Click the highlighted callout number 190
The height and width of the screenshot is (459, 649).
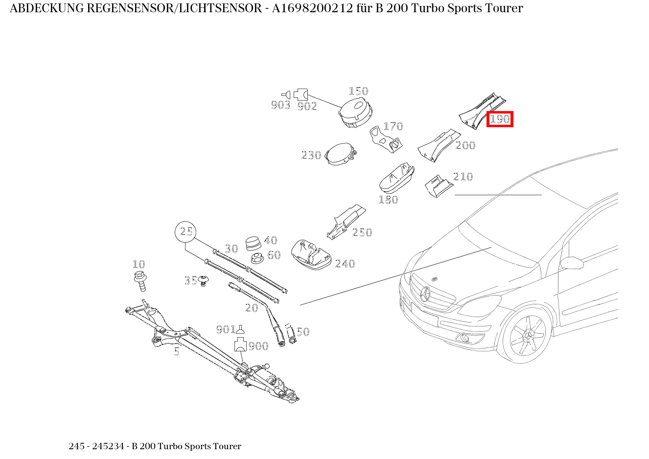point(500,119)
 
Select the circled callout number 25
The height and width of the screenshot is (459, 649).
point(185,231)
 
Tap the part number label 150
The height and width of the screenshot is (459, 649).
point(358,91)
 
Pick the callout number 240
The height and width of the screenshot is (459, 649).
point(345,264)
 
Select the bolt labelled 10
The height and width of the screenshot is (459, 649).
point(140,280)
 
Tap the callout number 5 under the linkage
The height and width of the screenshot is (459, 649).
point(177,351)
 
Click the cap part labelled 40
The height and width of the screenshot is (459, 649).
point(254,243)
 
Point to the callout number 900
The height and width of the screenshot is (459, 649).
point(258,346)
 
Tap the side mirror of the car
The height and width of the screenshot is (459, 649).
point(571,263)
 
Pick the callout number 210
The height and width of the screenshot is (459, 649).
point(463,177)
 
